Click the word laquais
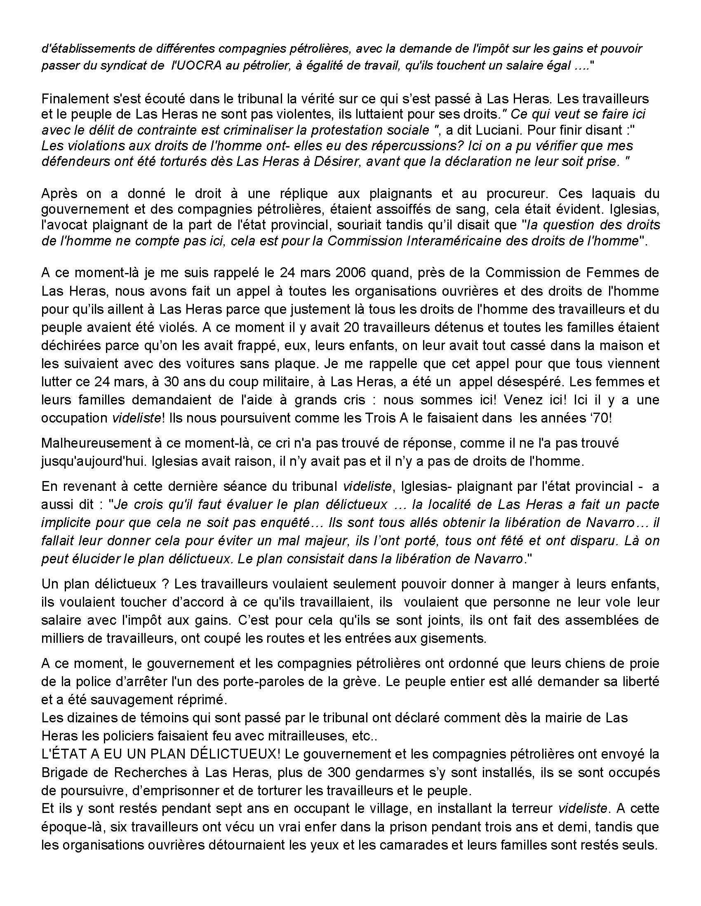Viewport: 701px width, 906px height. [597, 194]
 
